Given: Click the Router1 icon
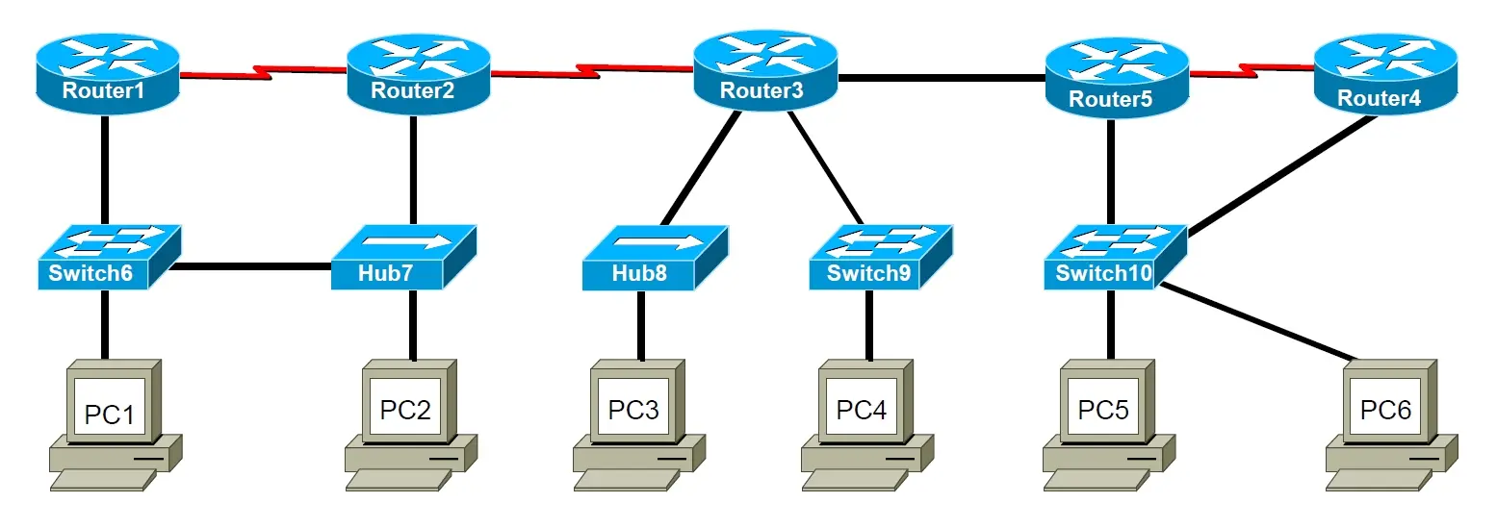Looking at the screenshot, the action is pyautogui.click(x=108, y=73).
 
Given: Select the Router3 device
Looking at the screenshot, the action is pyautogui.click(x=765, y=69).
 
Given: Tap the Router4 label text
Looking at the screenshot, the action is pyautogui.click(x=1379, y=98).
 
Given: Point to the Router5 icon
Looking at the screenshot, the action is pyautogui.click(x=1117, y=78).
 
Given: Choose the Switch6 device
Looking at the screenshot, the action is pyautogui.click(x=109, y=257).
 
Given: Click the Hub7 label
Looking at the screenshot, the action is pyautogui.click(x=385, y=273).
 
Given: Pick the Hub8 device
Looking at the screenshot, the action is pyautogui.click(x=655, y=258).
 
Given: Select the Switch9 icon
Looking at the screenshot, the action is pyautogui.click(x=881, y=257).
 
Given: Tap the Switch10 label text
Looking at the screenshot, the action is pyautogui.click(x=1103, y=273).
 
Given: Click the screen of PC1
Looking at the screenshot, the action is pyautogui.click(x=110, y=407).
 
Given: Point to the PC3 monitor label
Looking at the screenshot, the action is pyautogui.click(x=632, y=409).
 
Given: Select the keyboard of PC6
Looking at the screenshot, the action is pyautogui.click(x=1378, y=481).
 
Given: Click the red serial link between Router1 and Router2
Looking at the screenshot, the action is pyautogui.click(x=264, y=72).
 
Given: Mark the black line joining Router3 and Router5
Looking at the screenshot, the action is pyautogui.click(x=942, y=78).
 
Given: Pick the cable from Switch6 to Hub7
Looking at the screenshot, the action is pyautogui.click(x=250, y=266).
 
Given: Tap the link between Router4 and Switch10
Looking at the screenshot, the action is pyautogui.click(x=1281, y=176).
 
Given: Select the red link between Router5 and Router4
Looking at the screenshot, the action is pyautogui.click(x=1252, y=70).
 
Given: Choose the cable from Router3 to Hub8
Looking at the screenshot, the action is pyautogui.click(x=701, y=168).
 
